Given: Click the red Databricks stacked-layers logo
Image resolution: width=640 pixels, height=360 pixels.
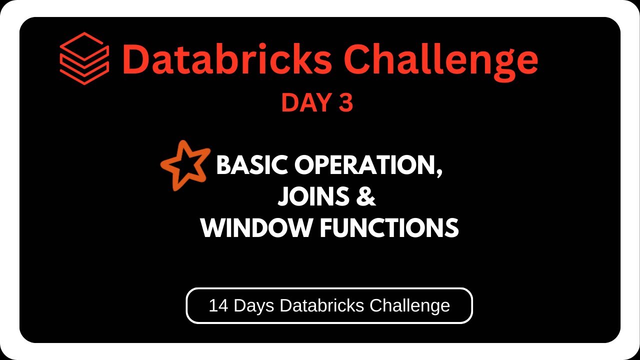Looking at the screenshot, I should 84,58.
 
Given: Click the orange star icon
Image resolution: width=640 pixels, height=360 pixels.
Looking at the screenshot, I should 184,164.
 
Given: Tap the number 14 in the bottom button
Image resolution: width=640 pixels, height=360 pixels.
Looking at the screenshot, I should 218,305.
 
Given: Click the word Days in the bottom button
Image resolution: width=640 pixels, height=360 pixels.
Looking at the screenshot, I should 254,305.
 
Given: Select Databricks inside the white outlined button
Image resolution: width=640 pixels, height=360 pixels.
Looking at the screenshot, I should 322,305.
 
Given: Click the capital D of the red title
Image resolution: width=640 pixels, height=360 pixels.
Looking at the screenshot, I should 136,59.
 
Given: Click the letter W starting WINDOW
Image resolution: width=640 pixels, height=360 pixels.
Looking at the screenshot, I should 212,228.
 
